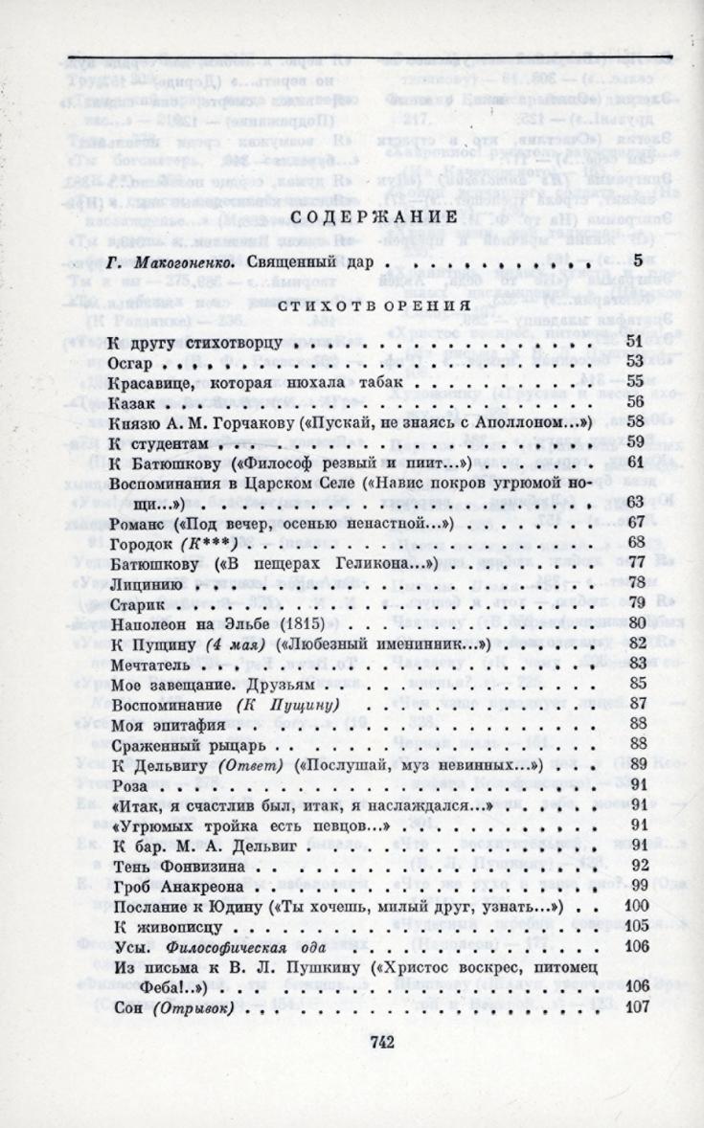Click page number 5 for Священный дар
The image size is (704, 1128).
pyautogui.click(x=637, y=260)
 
